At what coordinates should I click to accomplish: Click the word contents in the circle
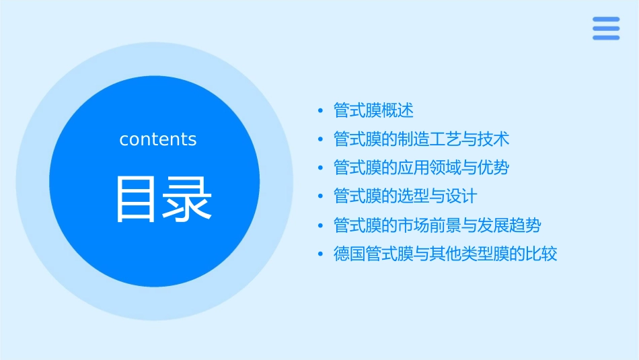(158, 139)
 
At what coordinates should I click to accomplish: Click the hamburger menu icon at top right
(605, 28)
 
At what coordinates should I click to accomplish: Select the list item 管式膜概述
(373, 110)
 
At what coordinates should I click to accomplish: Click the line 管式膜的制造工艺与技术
(422, 139)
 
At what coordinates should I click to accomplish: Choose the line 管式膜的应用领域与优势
(422, 168)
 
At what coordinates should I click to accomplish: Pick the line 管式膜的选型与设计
(405, 196)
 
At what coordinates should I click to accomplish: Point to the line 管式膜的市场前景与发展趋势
(437, 225)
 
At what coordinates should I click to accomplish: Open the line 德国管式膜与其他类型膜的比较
(445, 254)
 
